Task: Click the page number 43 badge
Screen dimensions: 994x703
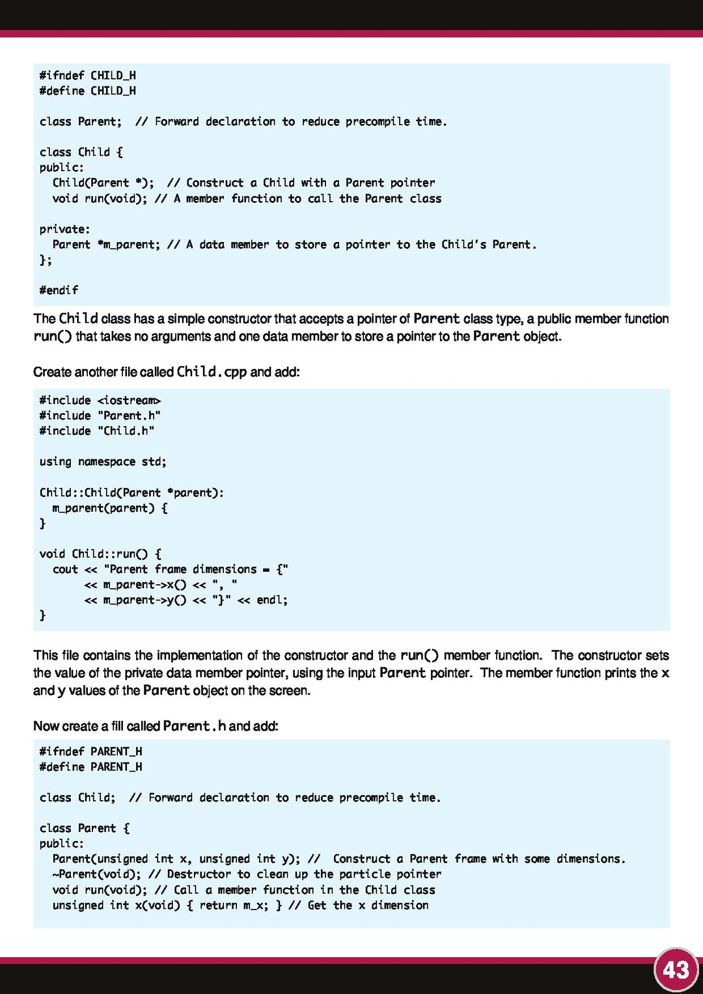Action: pos(676,970)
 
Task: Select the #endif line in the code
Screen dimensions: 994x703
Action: pos(59,290)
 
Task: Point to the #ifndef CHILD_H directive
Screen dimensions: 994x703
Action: pos(87,75)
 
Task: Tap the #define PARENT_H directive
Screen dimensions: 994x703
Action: pos(90,767)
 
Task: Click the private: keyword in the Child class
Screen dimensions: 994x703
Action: pos(64,229)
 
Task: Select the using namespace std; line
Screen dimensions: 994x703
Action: pos(103,462)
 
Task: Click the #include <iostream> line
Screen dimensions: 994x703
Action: pos(100,401)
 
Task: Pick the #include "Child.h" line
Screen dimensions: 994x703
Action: pos(96,431)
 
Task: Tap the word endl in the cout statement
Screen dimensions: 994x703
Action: pos(270,600)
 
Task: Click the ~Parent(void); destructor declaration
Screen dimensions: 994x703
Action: pos(96,874)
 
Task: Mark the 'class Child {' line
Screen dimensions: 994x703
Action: pos(81,152)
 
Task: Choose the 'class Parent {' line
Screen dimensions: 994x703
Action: pos(85,828)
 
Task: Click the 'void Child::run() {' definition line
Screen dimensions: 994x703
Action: pos(100,554)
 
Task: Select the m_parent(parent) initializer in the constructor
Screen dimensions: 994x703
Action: pos(103,508)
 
